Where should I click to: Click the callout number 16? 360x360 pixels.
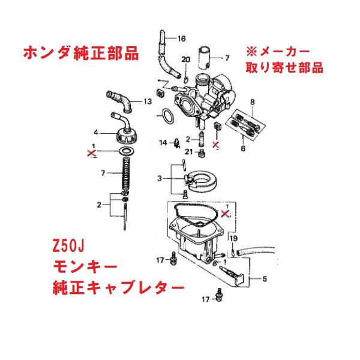(x=181, y=38)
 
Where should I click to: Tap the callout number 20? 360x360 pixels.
(x=185, y=59)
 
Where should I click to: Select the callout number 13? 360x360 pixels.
(x=147, y=103)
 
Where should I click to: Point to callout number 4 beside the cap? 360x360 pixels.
(x=95, y=131)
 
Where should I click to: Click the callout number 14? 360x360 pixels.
(x=162, y=143)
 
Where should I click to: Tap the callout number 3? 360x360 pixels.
(x=159, y=178)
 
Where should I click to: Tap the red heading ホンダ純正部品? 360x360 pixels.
(x=80, y=53)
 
